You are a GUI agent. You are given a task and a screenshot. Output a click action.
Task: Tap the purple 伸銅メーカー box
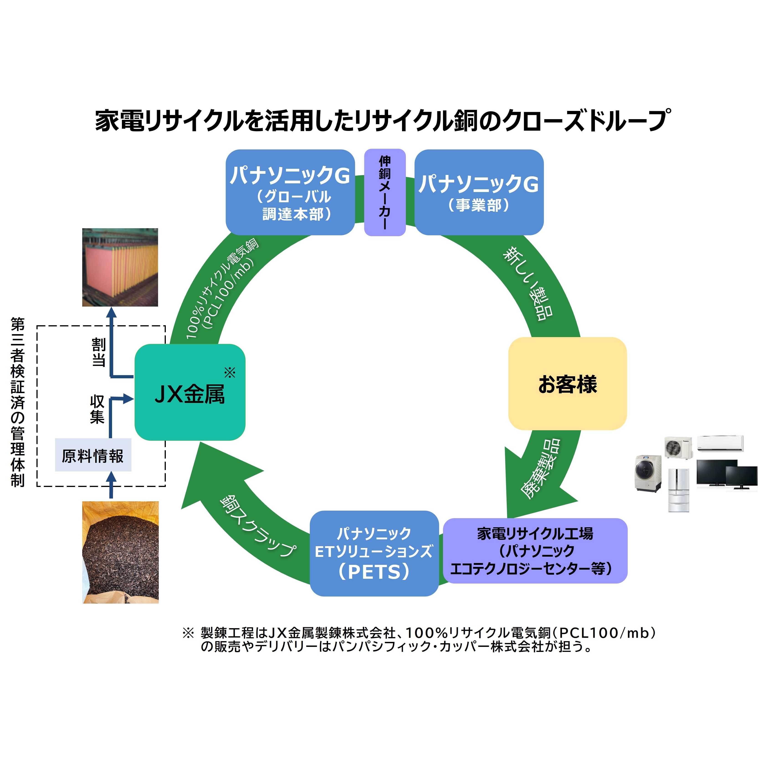click(x=384, y=192)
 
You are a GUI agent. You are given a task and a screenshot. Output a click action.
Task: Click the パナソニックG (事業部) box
click(x=479, y=192)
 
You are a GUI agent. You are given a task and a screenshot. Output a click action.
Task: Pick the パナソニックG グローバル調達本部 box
click(x=290, y=192)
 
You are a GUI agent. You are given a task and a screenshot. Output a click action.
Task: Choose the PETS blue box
click(x=374, y=553)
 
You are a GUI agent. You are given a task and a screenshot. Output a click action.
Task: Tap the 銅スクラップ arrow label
click(x=257, y=526)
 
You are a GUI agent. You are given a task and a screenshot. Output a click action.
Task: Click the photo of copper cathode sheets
click(x=120, y=267)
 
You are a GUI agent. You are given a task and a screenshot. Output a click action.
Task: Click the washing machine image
click(x=648, y=473)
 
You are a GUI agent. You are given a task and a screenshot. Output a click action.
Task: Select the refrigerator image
click(x=678, y=490)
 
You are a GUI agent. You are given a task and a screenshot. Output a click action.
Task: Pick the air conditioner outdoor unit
click(x=678, y=448)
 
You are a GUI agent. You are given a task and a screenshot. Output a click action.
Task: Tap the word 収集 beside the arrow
click(x=97, y=409)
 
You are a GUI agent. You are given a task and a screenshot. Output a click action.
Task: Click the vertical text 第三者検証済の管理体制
click(x=18, y=402)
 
